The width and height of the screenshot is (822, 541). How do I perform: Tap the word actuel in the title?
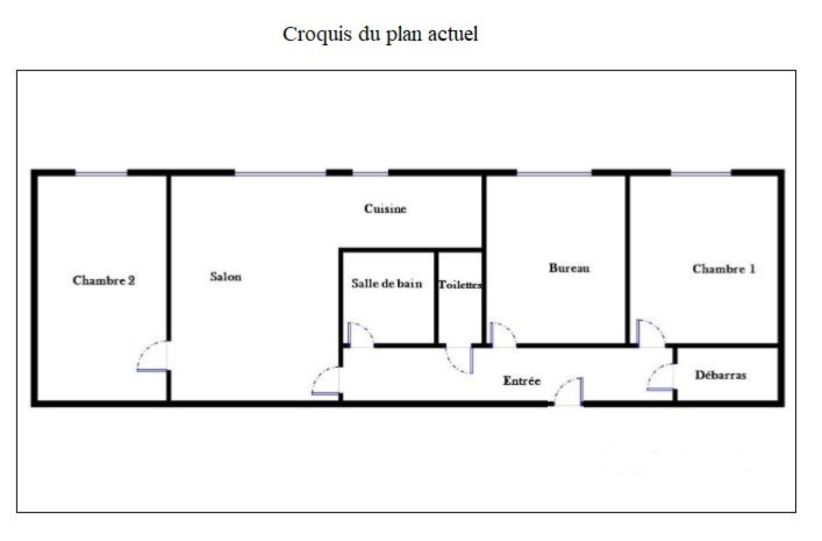453,34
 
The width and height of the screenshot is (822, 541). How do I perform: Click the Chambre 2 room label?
104,281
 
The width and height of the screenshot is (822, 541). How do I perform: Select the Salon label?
226,277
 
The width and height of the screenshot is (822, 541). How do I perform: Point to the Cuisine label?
385,209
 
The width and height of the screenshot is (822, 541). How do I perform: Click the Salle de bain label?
387,283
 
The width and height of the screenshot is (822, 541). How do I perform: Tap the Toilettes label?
460,284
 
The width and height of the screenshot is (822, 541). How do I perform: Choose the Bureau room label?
569,268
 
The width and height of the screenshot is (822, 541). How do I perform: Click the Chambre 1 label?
724,269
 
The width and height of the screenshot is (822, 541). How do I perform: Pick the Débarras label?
720,375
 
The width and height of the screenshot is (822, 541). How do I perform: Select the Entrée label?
521,381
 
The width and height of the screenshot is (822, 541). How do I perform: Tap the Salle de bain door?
361,334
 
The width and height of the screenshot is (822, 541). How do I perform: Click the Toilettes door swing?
459,360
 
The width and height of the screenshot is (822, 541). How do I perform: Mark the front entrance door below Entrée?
568,391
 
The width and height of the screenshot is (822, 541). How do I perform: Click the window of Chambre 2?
101,173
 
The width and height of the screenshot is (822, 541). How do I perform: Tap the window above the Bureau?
554,173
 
